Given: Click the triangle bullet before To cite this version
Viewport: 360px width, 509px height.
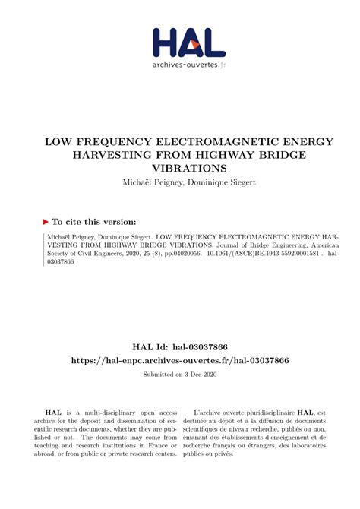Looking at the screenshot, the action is click(x=45, y=221).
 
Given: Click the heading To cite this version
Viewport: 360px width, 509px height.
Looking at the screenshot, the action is click(x=94, y=221).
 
